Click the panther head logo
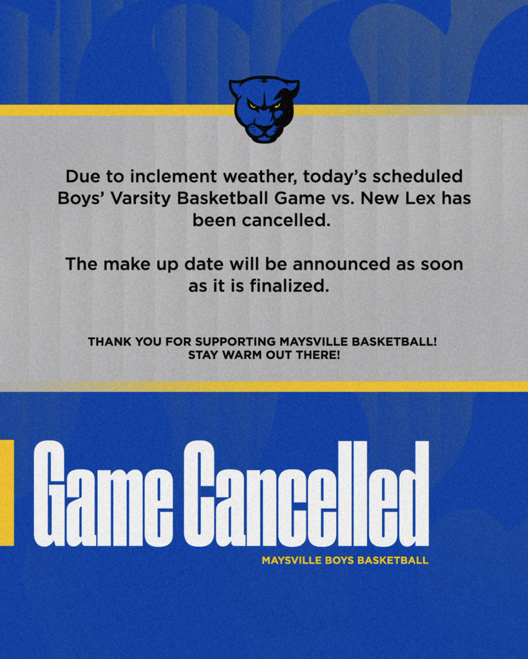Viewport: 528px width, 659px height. pos(264,109)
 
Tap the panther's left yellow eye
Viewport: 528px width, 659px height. pos(253,106)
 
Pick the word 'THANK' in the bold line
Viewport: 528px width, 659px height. pos(108,342)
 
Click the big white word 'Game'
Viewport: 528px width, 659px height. pos(103,494)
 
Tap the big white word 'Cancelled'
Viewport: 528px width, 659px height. pos(306,494)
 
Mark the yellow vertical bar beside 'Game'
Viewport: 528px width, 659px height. pos(6,492)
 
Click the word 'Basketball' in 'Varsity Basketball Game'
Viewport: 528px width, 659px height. pos(222,198)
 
